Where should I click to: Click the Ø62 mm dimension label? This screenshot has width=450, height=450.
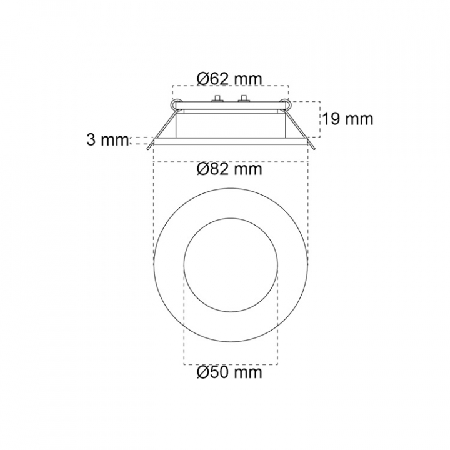point(229,79)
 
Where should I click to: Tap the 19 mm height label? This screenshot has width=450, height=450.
point(348,119)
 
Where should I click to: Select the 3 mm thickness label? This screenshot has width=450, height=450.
point(107,140)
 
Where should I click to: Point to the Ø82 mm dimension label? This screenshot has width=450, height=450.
point(229,169)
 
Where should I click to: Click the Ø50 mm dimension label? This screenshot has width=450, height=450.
point(229,372)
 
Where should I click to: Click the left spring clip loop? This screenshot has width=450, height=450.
point(176,104)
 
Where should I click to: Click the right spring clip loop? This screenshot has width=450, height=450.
point(285,104)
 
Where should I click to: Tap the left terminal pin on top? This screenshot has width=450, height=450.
point(218,98)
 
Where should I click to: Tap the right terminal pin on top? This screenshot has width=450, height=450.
point(244,98)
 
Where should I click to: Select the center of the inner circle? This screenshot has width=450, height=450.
point(231,265)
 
